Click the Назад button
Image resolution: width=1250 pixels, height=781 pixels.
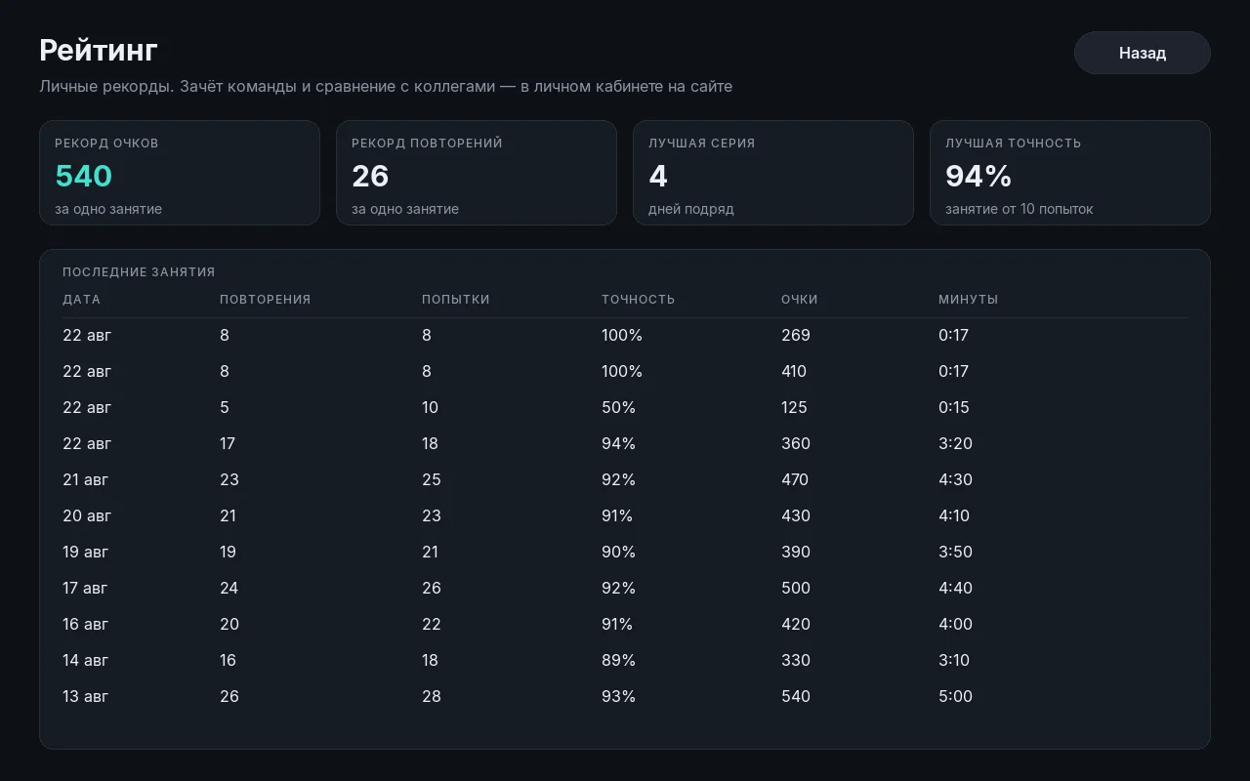[x=1142, y=53]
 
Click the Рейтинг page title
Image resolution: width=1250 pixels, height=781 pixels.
[x=99, y=51]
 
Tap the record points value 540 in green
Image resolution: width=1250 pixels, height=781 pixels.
[x=84, y=176]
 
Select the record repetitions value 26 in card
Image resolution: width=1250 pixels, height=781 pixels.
[x=370, y=176]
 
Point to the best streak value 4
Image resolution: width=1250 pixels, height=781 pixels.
[x=658, y=176]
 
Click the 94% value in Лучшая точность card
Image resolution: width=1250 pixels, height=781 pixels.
[x=979, y=176]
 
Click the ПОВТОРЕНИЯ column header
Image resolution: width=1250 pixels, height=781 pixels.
[x=265, y=300]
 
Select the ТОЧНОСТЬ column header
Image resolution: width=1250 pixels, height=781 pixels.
[x=638, y=300]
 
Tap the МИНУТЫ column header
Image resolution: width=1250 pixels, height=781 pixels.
[x=968, y=300]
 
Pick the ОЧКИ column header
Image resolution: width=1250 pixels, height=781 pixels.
[x=799, y=300]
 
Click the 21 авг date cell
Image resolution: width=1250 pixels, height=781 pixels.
[x=85, y=479]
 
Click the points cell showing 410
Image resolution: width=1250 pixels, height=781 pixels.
[x=794, y=372]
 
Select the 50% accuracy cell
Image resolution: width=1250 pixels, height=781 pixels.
[x=618, y=407]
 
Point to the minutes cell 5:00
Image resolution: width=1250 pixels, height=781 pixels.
[x=955, y=696]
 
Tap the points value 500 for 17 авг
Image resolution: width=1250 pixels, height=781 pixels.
[x=795, y=588]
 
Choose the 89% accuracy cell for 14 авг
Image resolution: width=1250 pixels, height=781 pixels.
[x=618, y=661]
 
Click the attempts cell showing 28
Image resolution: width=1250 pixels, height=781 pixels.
[x=432, y=696]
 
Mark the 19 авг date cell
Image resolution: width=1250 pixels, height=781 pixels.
[x=85, y=552]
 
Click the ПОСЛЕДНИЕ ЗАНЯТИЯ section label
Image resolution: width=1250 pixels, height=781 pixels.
[x=139, y=272]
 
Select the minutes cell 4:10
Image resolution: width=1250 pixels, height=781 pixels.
[x=954, y=516]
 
